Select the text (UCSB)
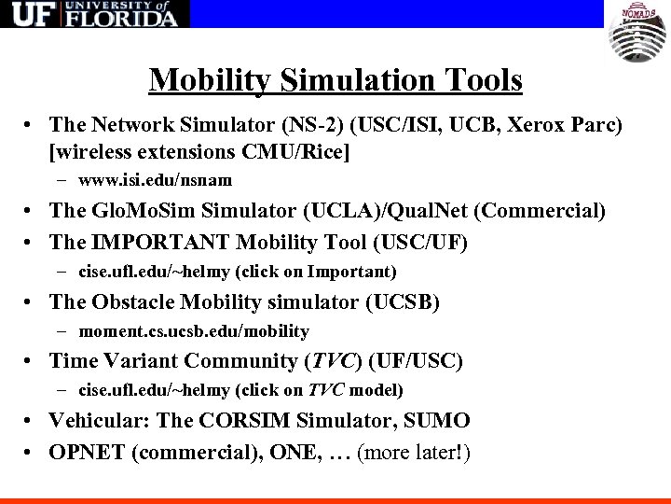click(x=405, y=301)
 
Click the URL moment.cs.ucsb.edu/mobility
click(x=194, y=331)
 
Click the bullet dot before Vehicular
click(x=32, y=422)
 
